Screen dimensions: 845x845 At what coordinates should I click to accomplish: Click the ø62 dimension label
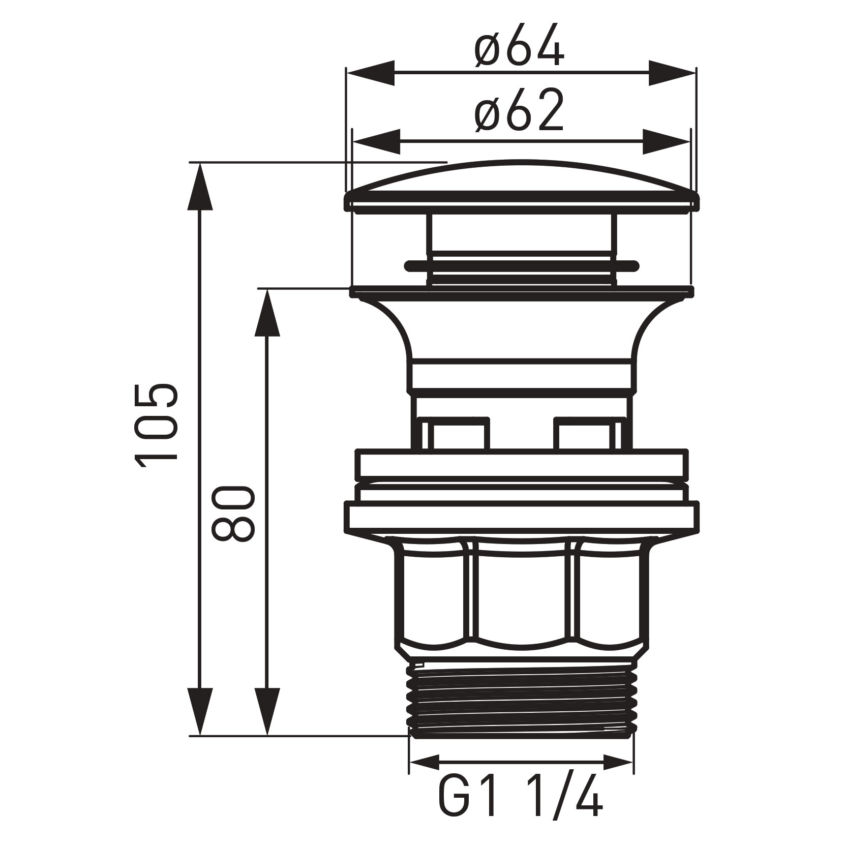(520, 111)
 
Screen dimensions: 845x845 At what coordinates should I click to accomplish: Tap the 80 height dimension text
(232, 514)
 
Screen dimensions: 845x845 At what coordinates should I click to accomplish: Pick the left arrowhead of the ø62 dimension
(376, 141)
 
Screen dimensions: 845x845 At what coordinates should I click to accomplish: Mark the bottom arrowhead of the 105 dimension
(200, 712)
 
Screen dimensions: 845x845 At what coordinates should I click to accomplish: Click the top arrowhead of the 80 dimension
(267, 313)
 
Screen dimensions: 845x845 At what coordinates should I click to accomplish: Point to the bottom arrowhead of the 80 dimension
(267, 712)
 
